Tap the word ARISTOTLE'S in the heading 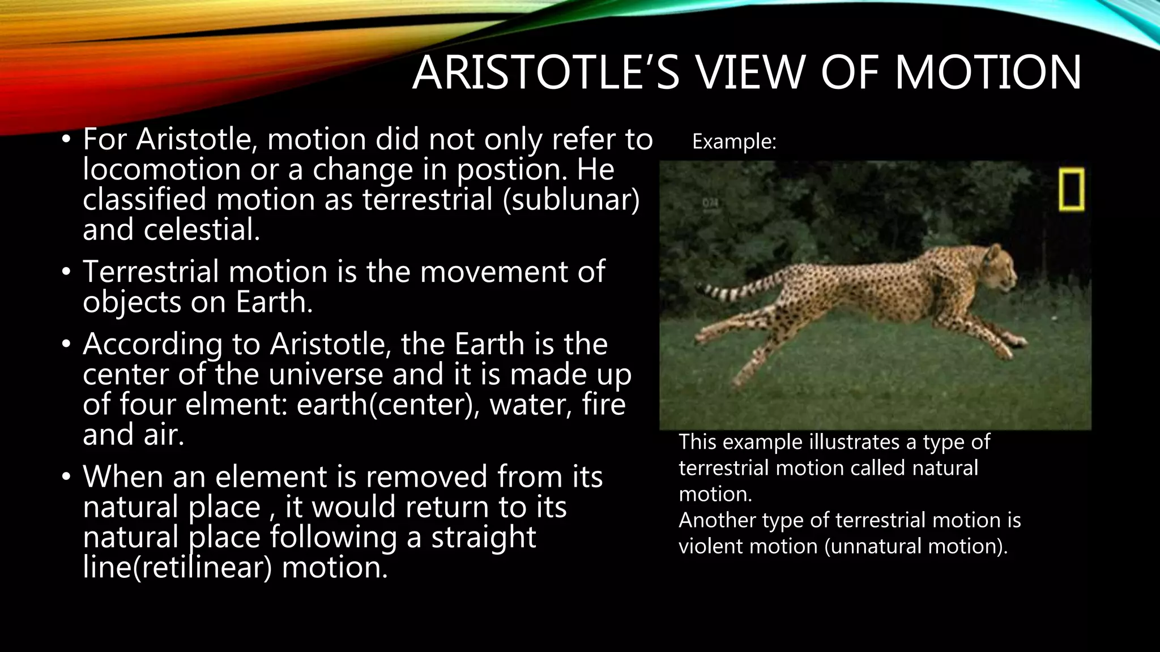545,72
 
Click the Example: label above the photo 734,141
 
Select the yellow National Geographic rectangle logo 1072,189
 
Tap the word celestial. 202,230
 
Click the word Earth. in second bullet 274,302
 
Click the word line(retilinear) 178,567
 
